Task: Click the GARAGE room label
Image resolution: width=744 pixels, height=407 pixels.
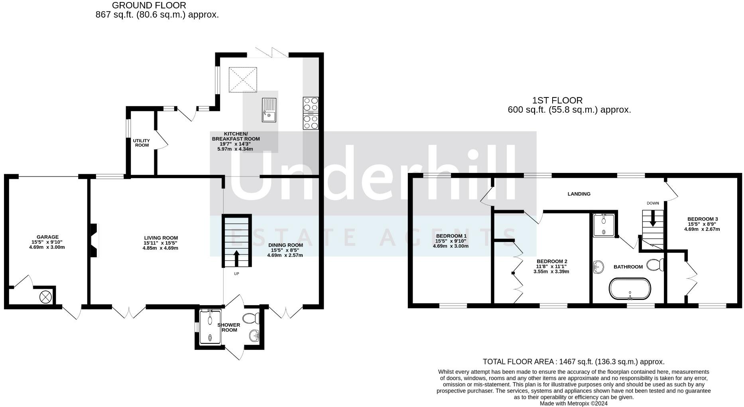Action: point(47,237)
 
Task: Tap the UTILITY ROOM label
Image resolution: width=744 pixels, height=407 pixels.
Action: point(142,143)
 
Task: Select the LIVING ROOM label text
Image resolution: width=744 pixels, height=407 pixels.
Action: point(161,238)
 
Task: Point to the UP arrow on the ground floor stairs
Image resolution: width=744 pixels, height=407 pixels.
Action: point(236,258)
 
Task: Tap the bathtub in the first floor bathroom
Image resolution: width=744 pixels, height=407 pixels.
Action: point(630,289)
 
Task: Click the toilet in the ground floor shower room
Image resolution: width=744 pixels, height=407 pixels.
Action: point(251,318)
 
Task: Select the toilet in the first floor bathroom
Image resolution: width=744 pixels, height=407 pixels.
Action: point(655,265)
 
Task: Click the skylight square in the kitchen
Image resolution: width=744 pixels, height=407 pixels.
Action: point(243,79)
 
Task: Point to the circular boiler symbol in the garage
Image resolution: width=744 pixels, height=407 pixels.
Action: point(45,297)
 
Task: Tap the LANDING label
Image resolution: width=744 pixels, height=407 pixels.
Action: point(579,194)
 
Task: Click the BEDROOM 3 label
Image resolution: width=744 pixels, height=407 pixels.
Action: point(703,219)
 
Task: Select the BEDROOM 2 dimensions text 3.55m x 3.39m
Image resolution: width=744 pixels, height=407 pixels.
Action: point(551,272)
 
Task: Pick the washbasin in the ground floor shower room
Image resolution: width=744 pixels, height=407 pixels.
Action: point(254,336)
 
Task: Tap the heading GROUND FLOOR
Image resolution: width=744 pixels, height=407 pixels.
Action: point(149,6)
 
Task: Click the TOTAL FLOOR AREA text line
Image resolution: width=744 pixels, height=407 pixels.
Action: point(573,362)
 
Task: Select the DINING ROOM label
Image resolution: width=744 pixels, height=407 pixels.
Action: point(285,245)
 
